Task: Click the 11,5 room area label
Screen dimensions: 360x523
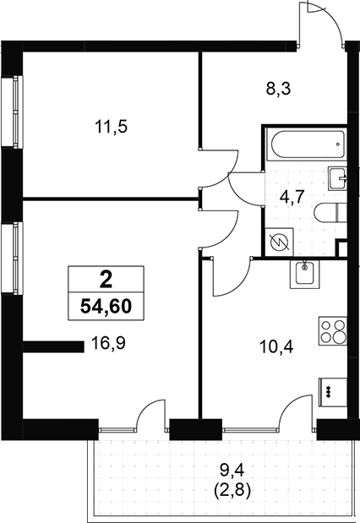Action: click(112, 127)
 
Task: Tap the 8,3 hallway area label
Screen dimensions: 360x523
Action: click(278, 90)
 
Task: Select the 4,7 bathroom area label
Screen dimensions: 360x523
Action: click(292, 198)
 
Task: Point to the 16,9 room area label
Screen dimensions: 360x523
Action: click(108, 343)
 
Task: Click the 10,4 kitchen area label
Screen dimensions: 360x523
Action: click(276, 347)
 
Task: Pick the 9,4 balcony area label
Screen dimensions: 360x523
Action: click(232, 471)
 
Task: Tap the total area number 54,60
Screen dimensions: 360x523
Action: click(106, 306)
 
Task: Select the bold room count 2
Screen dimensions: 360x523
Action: click(106, 281)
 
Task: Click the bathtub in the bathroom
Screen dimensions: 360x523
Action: click(308, 144)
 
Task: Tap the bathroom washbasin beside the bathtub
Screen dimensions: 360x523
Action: click(338, 178)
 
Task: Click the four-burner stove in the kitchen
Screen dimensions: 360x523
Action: click(333, 331)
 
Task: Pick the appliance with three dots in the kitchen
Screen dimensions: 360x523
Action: click(333, 392)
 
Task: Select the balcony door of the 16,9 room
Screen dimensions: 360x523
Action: click(151, 415)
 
